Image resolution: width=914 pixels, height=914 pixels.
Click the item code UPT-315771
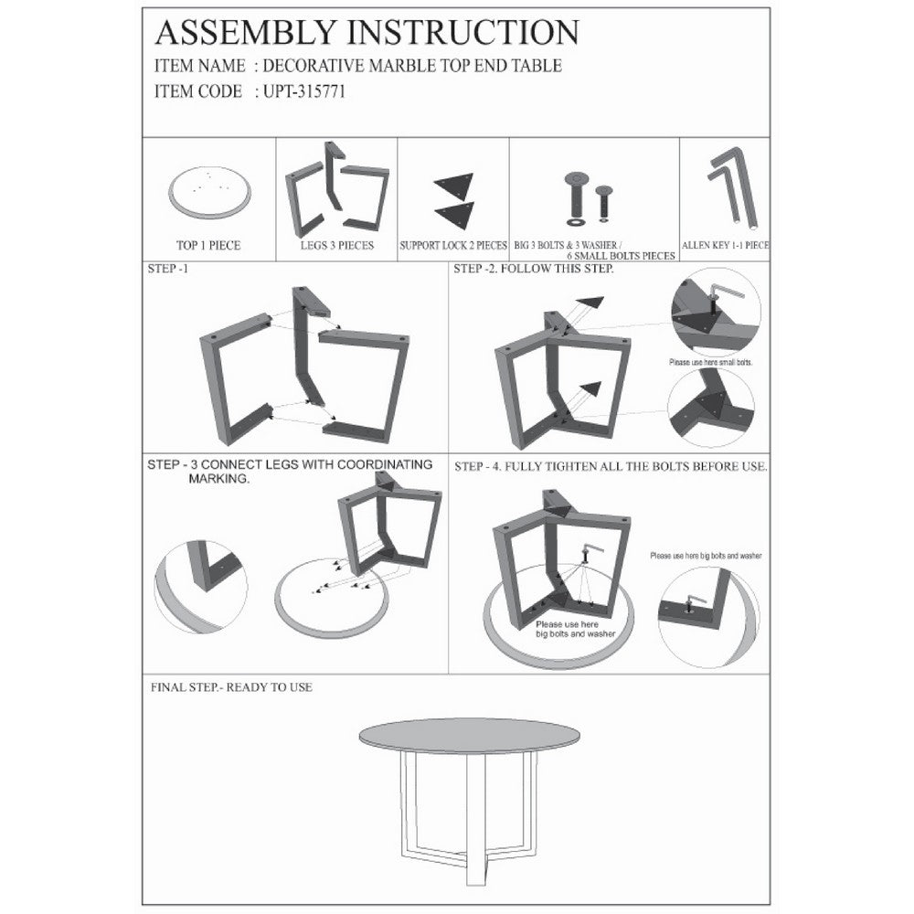[x=304, y=92]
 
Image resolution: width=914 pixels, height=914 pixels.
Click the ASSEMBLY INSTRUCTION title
[x=367, y=32]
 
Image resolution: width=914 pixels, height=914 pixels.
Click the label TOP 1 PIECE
[x=208, y=245]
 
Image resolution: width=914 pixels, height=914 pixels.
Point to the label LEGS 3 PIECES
[x=337, y=245]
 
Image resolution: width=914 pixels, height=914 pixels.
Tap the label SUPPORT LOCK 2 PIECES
[x=453, y=245]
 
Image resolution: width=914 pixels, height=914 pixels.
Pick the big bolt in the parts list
[x=576, y=198]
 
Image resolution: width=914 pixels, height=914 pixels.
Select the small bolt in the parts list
[x=604, y=204]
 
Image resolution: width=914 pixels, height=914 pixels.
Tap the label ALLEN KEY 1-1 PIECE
[x=725, y=245]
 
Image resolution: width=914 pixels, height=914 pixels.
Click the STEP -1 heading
[x=168, y=269]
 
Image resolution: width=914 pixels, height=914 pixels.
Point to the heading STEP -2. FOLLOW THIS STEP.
[x=534, y=269]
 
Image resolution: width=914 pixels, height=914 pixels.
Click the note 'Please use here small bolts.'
[x=710, y=363]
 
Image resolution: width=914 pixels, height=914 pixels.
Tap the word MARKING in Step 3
[x=219, y=479]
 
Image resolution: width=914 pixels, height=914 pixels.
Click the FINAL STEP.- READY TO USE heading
[x=231, y=687]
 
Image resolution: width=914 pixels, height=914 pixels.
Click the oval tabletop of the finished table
[x=471, y=735]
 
